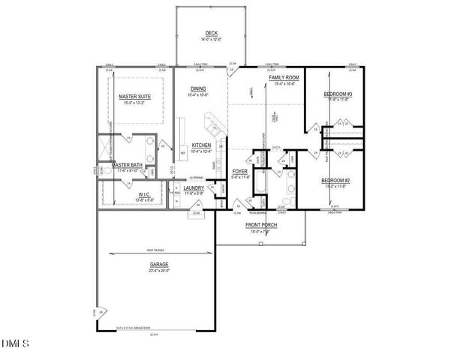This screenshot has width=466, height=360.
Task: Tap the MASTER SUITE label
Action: click(134, 95)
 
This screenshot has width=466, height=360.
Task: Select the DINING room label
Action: click(199, 89)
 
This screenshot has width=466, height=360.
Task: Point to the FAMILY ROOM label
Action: click(284, 77)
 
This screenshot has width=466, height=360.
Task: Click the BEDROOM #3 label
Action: click(338, 94)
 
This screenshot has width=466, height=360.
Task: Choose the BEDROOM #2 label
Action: click(336, 180)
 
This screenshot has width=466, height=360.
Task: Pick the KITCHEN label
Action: click(201, 145)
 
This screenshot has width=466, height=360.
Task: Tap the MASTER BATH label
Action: click(128, 165)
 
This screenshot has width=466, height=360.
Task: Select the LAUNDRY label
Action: click(194, 187)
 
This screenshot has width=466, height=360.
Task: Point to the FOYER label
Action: click(241, 171)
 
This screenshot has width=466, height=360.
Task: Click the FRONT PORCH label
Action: click(260, 225)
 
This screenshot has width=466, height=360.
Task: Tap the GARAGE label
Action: click(158, 264)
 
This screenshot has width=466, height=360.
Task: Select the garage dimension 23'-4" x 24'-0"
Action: click(158, 270)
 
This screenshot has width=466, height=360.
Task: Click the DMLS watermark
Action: click(15, 343)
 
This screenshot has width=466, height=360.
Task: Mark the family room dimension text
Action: click(284, 83)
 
